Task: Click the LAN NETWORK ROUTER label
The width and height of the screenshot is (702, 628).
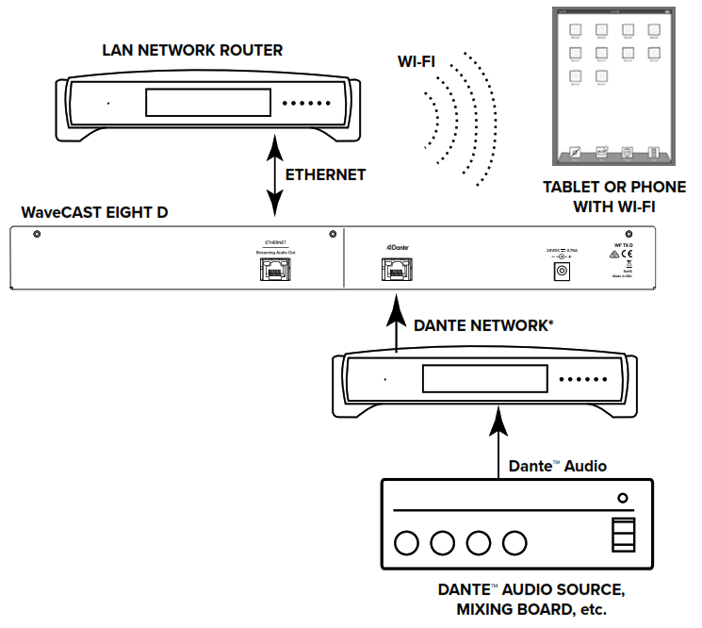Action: [191, 50]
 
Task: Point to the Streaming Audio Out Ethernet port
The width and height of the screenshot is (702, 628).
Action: [274, 270]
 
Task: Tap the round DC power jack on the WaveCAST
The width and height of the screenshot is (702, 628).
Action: [563, 272]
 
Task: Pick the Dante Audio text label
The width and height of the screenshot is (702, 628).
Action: [558, 466]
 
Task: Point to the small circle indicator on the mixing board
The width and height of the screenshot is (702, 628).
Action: [622, 498]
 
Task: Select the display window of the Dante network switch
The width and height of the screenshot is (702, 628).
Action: [484, 379]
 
